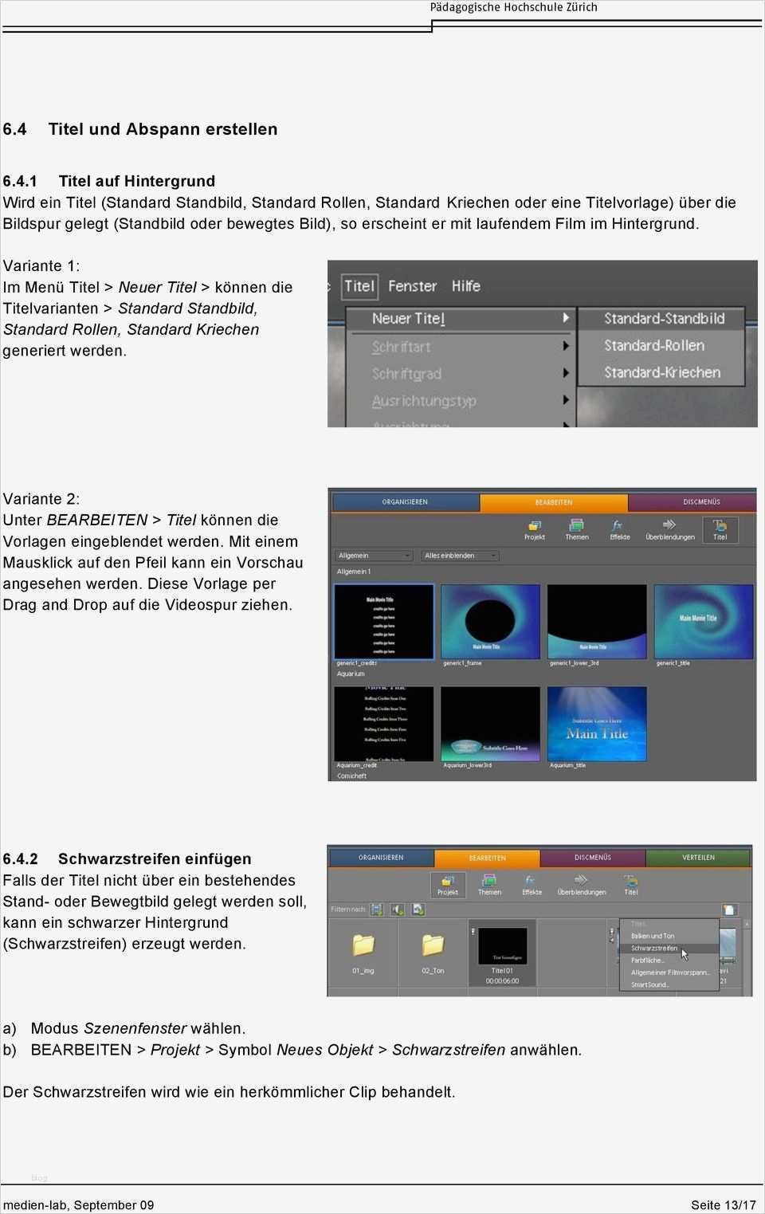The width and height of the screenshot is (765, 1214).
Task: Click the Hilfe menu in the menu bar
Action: (x=465, y=286)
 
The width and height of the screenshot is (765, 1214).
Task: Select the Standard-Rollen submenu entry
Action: (x=654, y=346)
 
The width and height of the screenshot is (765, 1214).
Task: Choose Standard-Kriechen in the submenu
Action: (x=661, y=373)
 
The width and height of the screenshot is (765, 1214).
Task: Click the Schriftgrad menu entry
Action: (x=406, y=374)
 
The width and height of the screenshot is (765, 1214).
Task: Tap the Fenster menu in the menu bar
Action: (x=412, y=286)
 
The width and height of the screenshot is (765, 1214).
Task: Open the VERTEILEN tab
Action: (x=698, y=858)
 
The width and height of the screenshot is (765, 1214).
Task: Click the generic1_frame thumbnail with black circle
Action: (x=490, y=621)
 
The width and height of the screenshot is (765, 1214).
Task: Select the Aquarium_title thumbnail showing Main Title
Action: (x=597, y=724)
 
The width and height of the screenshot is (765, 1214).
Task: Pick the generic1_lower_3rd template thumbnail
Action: (x=597, y=621)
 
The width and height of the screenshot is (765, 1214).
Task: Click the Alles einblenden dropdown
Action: (x=461, y=556)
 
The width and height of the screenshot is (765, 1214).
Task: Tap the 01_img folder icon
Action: (x=363, y=945)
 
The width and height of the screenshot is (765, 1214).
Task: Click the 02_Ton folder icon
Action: (x=433, y=945)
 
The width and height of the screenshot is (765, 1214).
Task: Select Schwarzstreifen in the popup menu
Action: (x=654, y=949)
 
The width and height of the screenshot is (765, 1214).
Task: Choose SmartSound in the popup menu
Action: (x=649, y=984)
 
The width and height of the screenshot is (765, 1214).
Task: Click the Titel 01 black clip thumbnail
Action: (x=502, y=946)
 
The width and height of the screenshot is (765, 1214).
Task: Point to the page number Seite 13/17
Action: (x=723, y=1205)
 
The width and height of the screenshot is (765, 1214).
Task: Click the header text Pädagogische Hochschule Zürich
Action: (x=513, y=8)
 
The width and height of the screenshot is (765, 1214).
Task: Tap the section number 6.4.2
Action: (x=20, y=859)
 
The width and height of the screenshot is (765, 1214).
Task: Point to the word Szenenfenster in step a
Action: (x=135, y=1029)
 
